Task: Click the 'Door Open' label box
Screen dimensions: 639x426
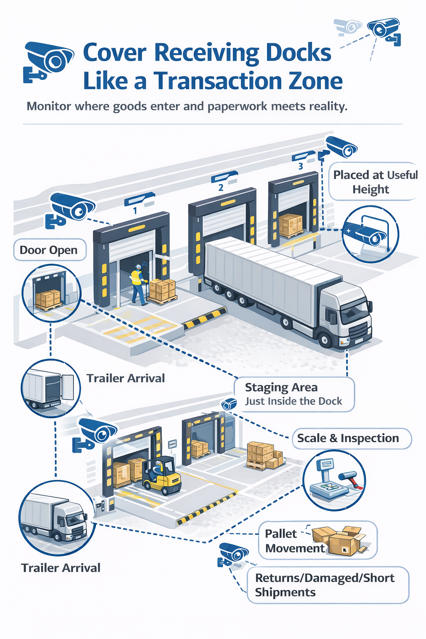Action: tap(50, 250)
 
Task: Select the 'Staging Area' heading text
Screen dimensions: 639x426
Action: tap(281, 387)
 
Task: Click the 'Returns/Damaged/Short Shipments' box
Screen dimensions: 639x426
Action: tap(328, 585)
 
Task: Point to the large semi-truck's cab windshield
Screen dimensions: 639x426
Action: tap(355, 311)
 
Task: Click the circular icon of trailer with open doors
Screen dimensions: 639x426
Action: tap(50, 389)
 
